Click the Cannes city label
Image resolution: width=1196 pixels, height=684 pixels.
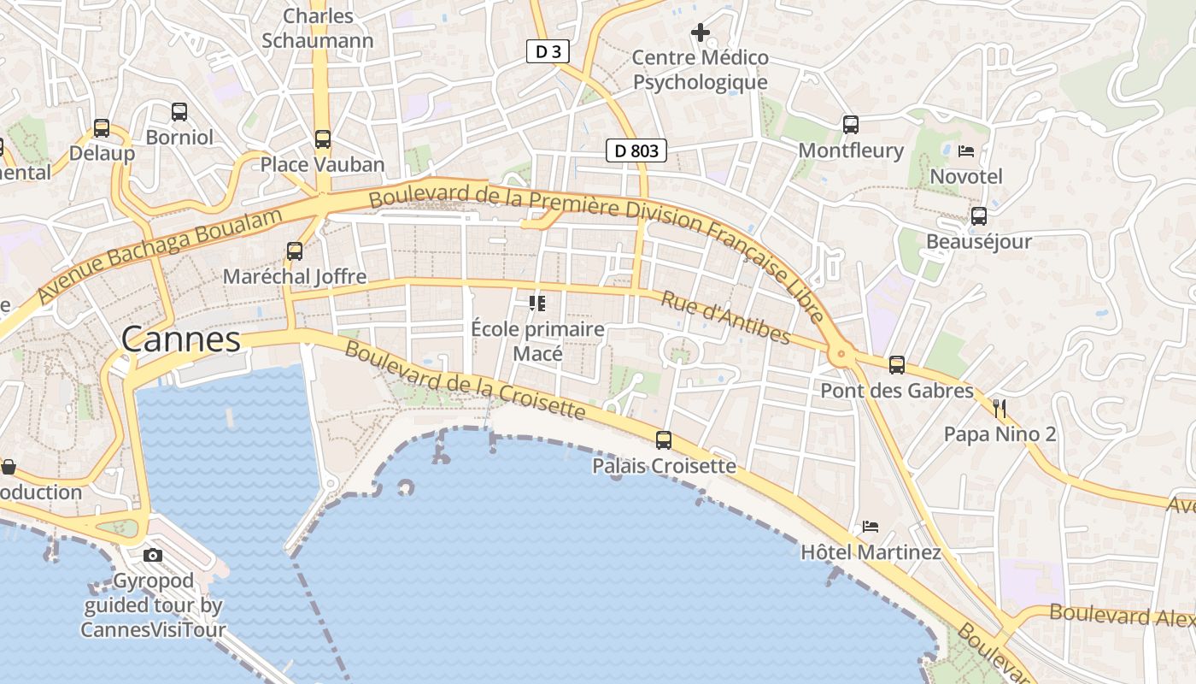(x=180, y=339)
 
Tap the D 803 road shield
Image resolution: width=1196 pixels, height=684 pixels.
(x=636, y=151)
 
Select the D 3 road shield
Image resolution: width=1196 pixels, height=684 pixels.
(x=548, y=52)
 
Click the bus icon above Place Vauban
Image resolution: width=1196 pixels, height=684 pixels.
(x=322, y=139)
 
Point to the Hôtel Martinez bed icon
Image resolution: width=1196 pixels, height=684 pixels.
(x=871, y=526)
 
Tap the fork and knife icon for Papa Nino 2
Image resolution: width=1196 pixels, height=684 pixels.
(x=1000, y=408)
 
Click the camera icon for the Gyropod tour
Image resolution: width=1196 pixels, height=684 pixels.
(x=153, y=555)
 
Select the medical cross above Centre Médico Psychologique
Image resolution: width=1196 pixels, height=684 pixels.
(x=701, y=32)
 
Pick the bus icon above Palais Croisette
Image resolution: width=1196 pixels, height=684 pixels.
(x=664, y=440)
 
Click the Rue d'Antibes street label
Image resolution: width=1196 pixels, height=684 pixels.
(x=725, y=317)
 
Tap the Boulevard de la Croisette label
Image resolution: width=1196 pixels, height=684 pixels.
(x=465, y=381)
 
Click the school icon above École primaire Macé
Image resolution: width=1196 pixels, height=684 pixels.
(x=537, y=303)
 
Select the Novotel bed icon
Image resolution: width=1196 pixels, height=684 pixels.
(x=966, y=151)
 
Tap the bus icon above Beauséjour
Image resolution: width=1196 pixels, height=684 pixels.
(x=979, y=216)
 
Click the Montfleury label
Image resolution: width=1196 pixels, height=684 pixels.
(x=850, y=150)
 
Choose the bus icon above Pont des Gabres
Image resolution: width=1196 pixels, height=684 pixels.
(x=897, y=365)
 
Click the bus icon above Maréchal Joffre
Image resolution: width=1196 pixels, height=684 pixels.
(x=295, y=251)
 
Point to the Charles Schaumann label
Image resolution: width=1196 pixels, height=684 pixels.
(x=318, y=28)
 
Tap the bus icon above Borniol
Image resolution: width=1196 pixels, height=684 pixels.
(x=179, y=111)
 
